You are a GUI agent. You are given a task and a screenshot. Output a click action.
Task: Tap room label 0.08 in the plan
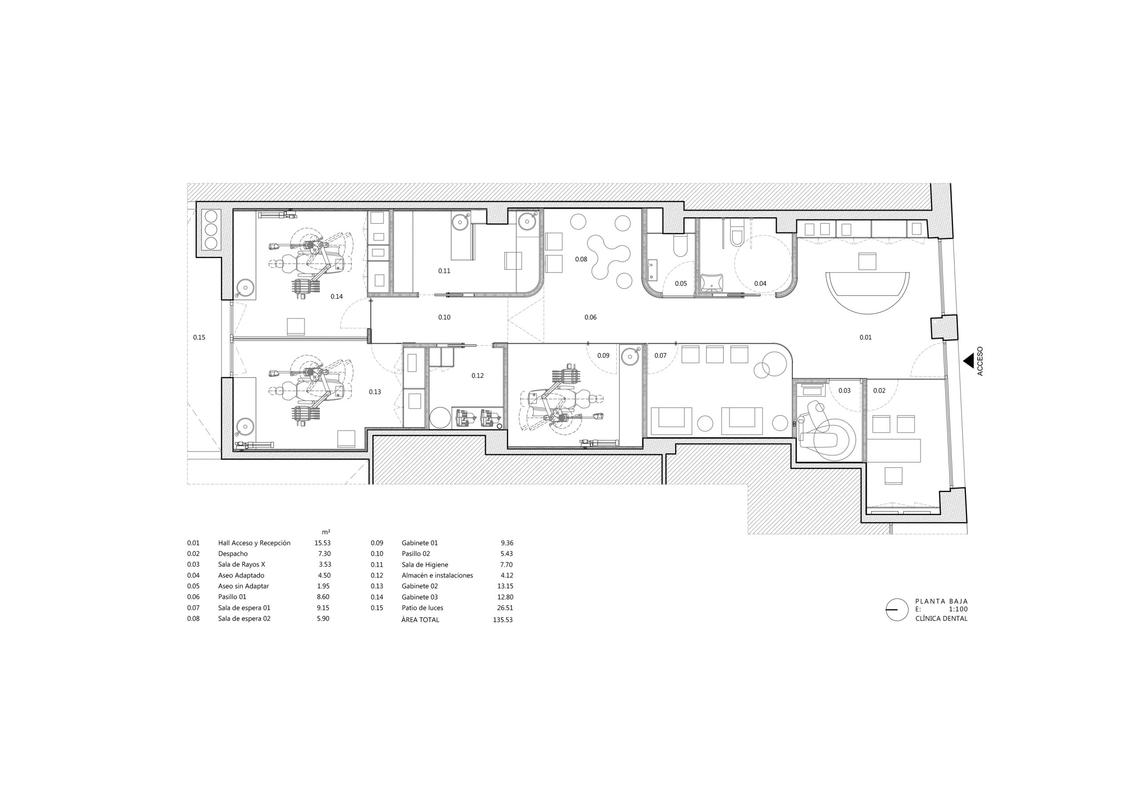[581, 259]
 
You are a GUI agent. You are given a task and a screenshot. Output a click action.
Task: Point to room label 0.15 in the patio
[199, 338]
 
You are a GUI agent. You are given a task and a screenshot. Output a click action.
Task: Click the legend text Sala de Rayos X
[242, 564]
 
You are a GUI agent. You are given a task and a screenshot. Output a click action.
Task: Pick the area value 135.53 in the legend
[502, 620]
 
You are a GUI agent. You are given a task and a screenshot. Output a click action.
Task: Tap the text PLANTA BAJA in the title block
[941, 601]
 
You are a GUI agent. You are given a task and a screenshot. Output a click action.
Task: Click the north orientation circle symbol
[897, 610]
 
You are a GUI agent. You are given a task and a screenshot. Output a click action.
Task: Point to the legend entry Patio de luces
[422, 608]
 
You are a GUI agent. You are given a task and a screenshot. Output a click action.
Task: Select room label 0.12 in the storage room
[477, 376]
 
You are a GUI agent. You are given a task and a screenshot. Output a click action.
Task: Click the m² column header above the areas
[326, 532]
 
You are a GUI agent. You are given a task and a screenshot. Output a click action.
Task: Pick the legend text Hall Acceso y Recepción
[254, 543]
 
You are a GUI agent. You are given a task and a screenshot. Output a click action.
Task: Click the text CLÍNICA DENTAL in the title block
[941, 619]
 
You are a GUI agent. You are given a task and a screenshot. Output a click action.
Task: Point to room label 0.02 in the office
[879, 391]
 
